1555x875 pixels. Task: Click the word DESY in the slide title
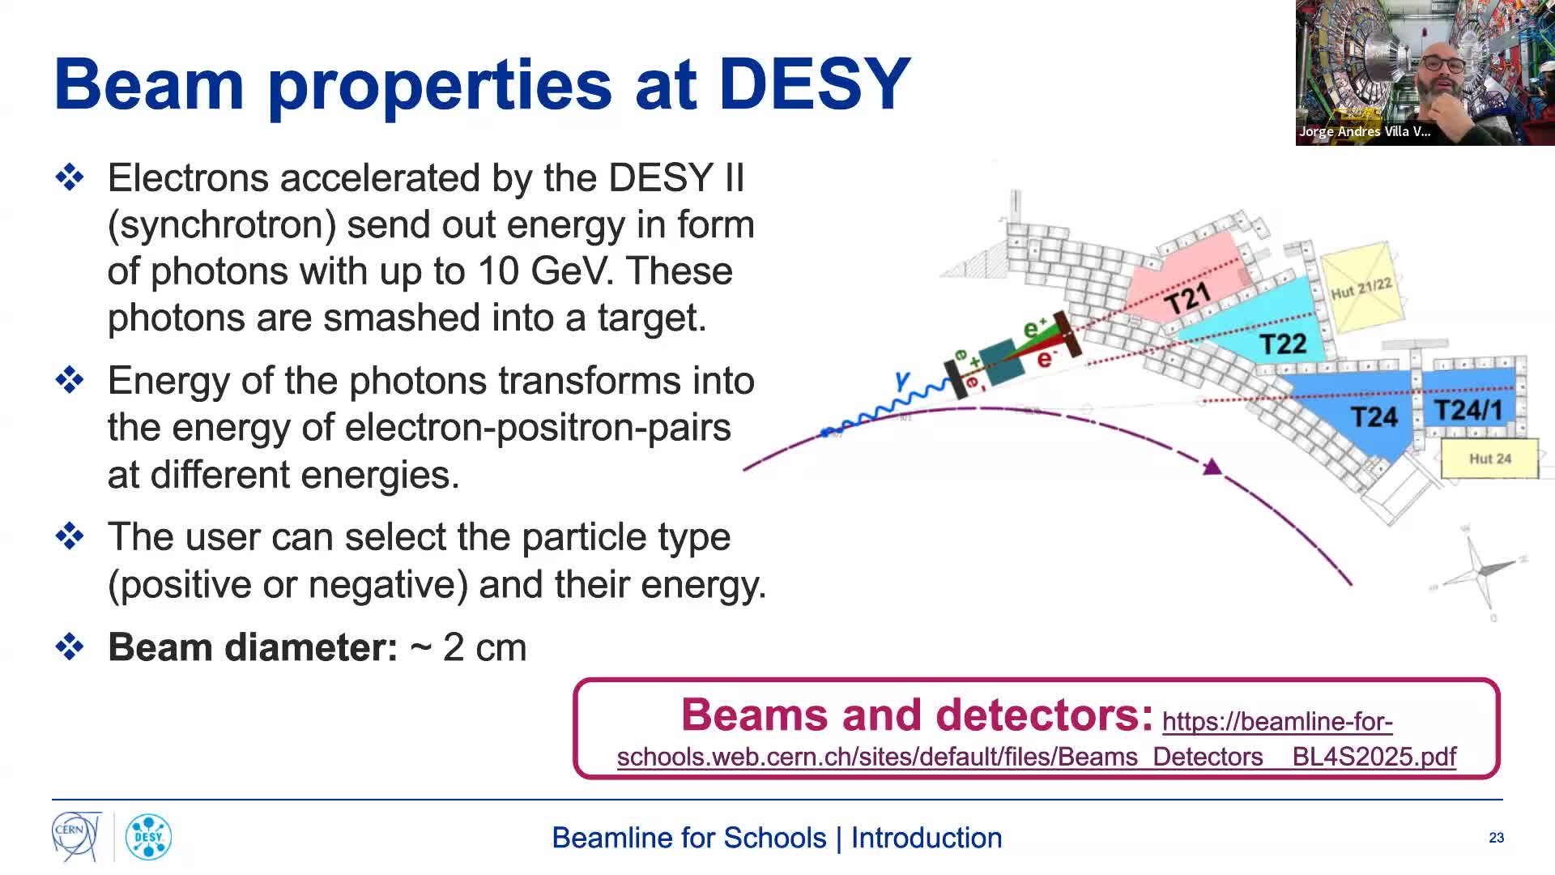[x=814, y=84]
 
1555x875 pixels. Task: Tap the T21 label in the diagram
[x=1187, y=299]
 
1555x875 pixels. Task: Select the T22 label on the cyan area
[x=1283, y=344]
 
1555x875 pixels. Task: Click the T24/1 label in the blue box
[x=1468, y=410]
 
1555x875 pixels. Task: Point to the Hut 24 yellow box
[x=1489, y=459]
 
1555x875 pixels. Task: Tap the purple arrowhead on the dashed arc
[x=1212, y=467]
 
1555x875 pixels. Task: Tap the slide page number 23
[x=1496, y=838]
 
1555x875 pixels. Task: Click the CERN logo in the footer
[x=76, y=836]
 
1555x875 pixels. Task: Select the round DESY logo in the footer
[x=148, y=837]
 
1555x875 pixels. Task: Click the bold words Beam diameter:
[x=253, y=647]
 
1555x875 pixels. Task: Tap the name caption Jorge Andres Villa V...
[x=1364, y=131]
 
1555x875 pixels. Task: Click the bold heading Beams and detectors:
[x=917, y=715]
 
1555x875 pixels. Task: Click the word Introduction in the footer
[x=926, y=838]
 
